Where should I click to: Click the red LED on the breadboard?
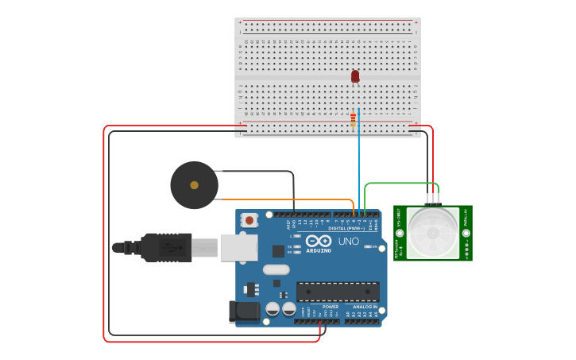coord(355,76)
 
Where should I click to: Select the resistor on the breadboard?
coord(353,119)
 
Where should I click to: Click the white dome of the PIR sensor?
coord(432,233)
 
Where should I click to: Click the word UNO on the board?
coord(349,241)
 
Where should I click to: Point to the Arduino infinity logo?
coord(319,240)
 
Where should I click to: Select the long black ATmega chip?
coord(337,291)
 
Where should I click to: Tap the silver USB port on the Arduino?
coord(238,247)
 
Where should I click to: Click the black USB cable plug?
coord(167,247)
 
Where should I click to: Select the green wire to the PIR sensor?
coord(397,184)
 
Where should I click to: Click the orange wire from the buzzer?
coord(286,199)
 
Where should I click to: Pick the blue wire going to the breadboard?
coord(358,159)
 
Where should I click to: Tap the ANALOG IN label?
coord(365,306)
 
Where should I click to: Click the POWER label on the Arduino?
coord(330,306)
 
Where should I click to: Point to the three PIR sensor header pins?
coord(432,199)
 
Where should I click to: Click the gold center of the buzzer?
coord(194,185)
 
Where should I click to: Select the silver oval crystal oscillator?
coord(276,269)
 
